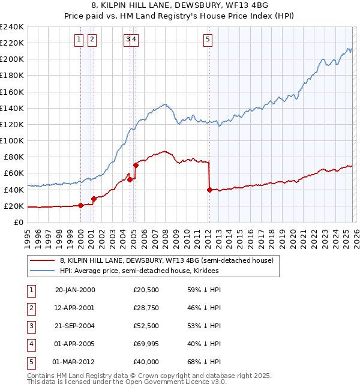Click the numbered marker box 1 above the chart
click(79, 40)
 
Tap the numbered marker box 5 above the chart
click(208, 40)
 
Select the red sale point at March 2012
click(209, 190)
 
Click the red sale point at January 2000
click(80, 205)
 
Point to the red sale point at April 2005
click(136, 165)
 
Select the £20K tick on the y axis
click(14, 206)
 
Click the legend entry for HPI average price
click(139, 271)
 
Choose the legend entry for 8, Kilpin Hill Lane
click(166, 260)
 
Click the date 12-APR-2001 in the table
click(75, 308)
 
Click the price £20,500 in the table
click(146, 290)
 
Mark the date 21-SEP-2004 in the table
click(75, 326)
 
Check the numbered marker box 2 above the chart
click(92, 40)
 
